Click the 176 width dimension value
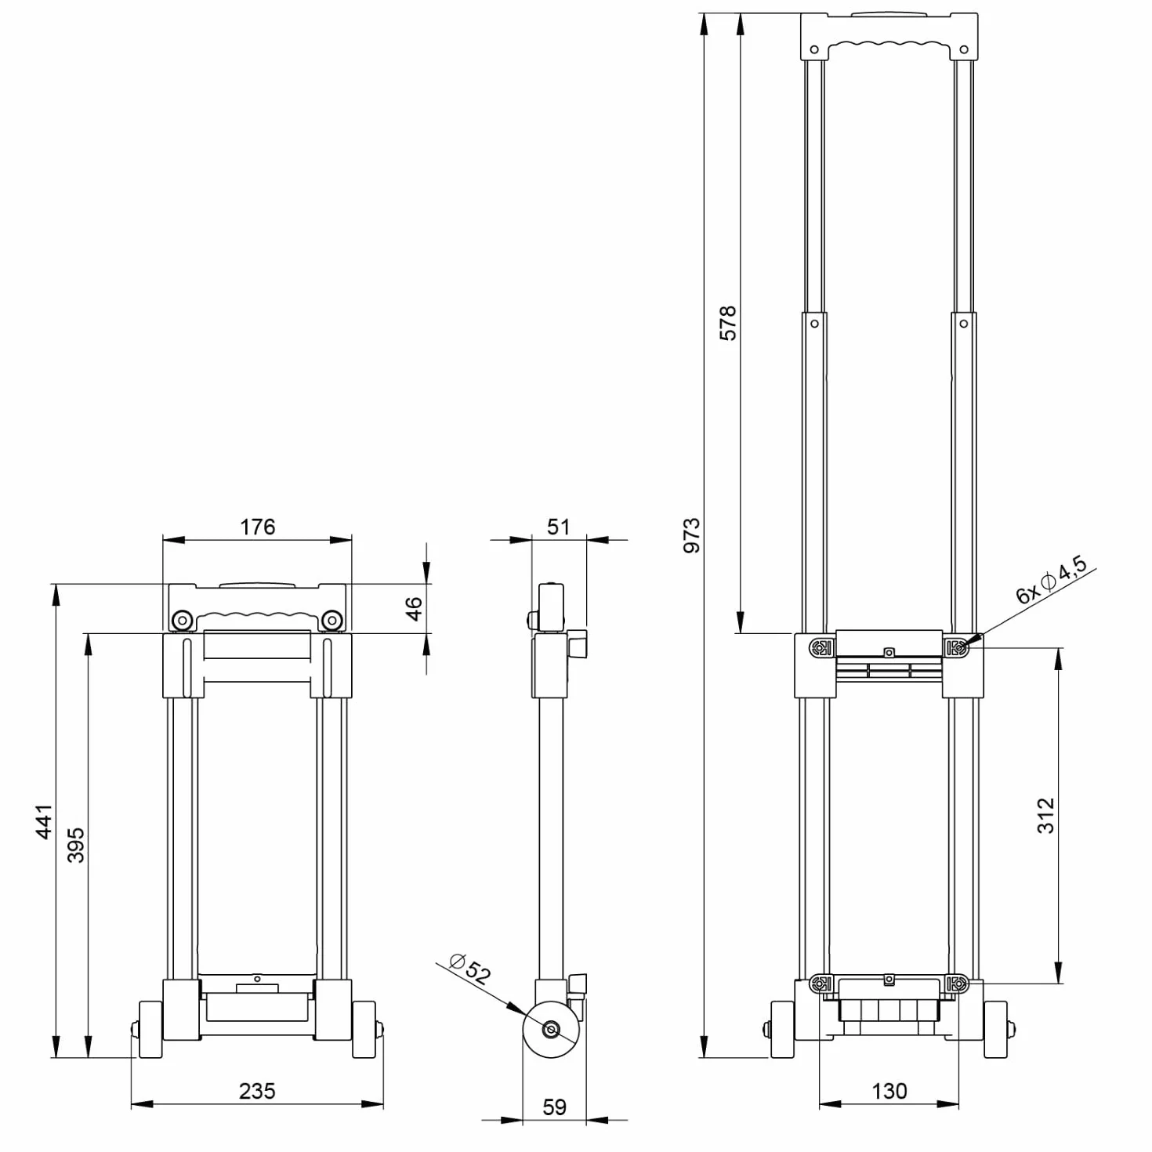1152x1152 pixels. click(258, 527)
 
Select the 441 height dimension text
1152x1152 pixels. click(45, 822)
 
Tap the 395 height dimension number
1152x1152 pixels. click(76, 845)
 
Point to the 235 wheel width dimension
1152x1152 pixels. click(257, 1091)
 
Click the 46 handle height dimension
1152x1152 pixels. click(414, 609)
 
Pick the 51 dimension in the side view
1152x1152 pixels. click(558, 527)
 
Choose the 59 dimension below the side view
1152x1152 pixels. click(554, 1107)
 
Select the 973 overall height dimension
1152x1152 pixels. click(692, 535)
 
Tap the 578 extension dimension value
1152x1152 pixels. click(727, 324)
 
